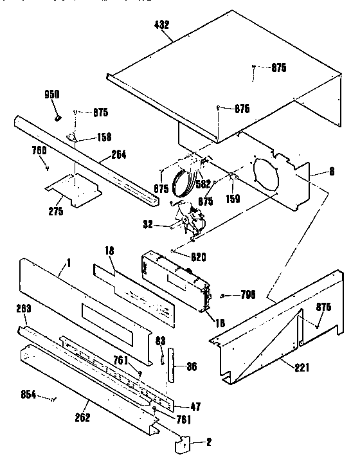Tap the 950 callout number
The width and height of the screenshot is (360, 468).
point(51,94)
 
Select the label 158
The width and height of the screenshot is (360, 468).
point(104,136)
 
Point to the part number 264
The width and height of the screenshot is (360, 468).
point(118,154)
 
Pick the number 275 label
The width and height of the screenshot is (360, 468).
point(56,211)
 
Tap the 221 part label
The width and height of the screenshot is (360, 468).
point(300,367)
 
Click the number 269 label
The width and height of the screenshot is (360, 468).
point(24,309)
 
